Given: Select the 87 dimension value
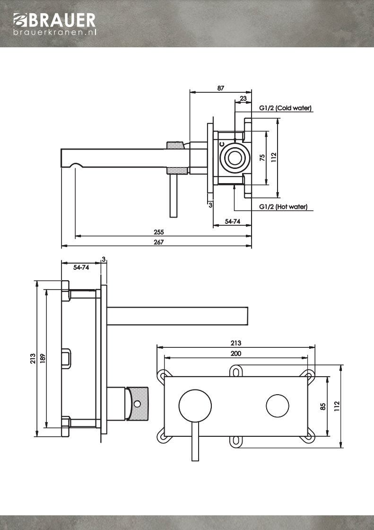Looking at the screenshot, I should click(x=221, y=88).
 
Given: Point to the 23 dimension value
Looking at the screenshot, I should click(x=243, y=98).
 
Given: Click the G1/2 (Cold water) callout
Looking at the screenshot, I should click(x=286, y=108).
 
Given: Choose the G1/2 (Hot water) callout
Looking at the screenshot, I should click(x=283, y=207).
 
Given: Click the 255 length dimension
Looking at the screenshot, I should click(x=159, y=232).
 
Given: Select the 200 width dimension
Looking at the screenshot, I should click(x=236, y=353).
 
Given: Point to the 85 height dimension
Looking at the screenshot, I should click(x=323, y=406).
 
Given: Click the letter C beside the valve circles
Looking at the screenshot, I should click(x=221, y=143).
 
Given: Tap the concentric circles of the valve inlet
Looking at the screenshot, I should click(x=234, y=158).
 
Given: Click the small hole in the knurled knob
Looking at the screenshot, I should click(x=137, y=404).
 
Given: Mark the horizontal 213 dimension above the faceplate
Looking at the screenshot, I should click(x=236, y=343).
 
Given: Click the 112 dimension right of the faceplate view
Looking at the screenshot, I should click(x=337, y=406).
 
